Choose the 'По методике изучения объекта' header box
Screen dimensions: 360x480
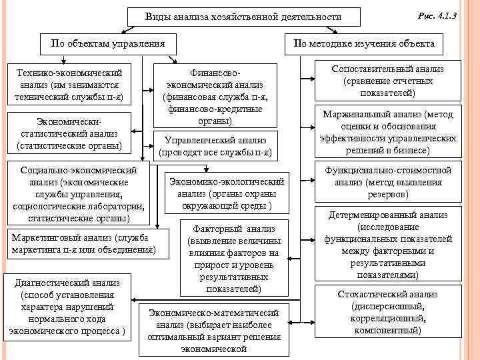pyautogui.click(x=363, y=44)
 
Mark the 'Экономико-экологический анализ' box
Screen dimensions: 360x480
pyautogui.click(x=227, y=193)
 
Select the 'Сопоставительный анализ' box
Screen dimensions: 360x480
pyautogui.click(x=389, y=81)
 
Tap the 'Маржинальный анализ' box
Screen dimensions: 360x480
pyautogui.click(x=389, y=133)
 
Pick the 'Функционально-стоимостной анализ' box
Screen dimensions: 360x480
pyautogui.click(x=389, y=183)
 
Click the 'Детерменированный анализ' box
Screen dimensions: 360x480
pyautogui.click(x=389, y=245)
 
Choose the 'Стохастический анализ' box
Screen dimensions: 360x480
pyautogui.click(x=389, y=312)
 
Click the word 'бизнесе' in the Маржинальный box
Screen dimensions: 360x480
pyautogui.click(x=417, y=151)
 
